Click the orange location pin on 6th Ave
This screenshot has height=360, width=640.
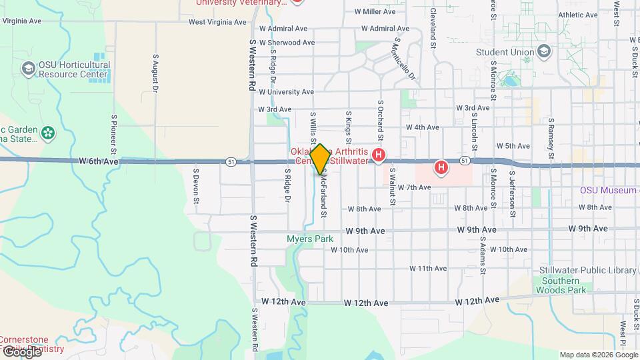point(320,159)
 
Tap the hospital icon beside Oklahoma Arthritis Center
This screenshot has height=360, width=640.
point(379,157)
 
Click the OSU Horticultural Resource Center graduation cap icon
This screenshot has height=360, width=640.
point(29,69)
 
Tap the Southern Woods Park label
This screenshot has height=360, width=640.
point(559,285)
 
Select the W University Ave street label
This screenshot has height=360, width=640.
point(286,92)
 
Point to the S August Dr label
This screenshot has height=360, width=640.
point(155,73)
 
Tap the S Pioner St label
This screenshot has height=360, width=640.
point(114,133)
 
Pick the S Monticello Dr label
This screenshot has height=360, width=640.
point(403,58)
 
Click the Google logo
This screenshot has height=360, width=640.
point(21,351)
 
